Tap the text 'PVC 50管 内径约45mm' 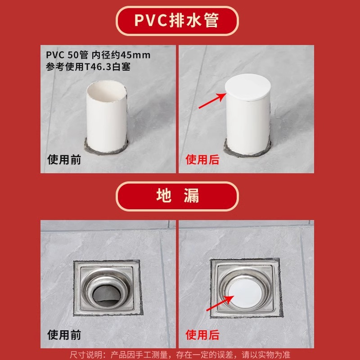click(98, 54)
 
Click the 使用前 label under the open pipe click(64, 159)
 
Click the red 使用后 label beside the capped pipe click(202, 159)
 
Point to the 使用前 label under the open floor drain click(64, 335)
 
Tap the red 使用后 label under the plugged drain click(202, 335)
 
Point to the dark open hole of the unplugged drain click(106, 293)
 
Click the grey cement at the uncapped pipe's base click(106, 146)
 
